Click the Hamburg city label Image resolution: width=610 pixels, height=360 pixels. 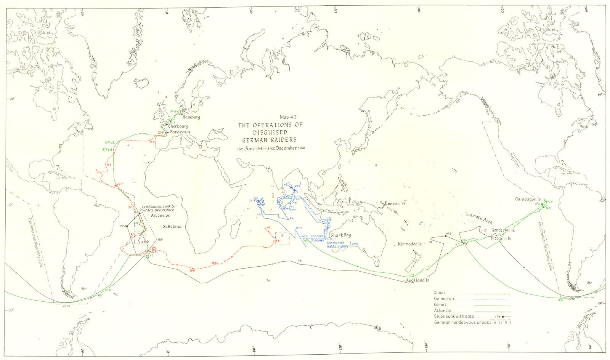click(191, 117)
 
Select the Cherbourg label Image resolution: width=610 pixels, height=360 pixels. click(178, 126)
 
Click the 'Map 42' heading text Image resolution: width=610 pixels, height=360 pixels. click(288, 117)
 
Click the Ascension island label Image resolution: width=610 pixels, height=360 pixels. click(161, 215)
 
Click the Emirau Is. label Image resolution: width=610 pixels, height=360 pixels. click(396, 203)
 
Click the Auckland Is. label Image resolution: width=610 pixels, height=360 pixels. click(417, 280)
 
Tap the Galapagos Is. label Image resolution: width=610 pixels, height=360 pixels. click(528, 199)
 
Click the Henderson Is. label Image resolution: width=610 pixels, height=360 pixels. click(504, 230)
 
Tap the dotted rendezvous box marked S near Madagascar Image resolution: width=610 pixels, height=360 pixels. click(282, 238)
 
